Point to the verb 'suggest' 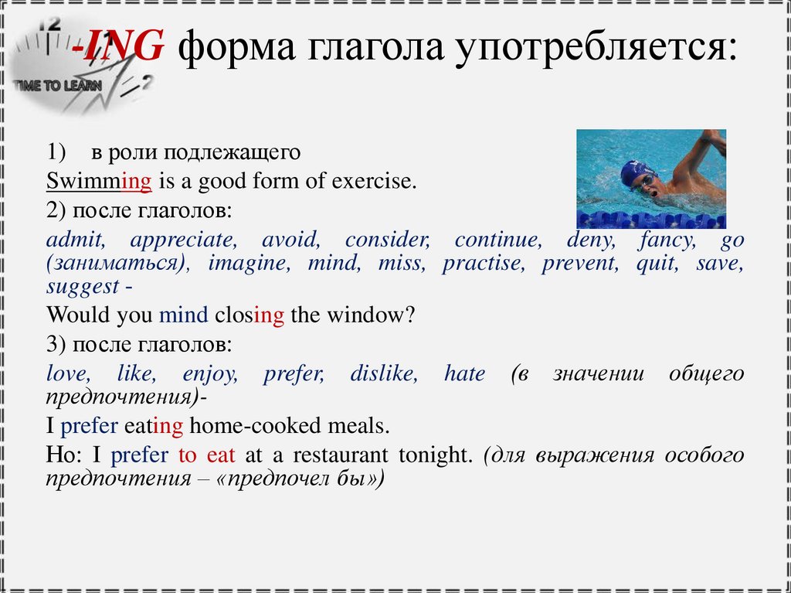(x=82, y=287)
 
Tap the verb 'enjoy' (x=209, y=374)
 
